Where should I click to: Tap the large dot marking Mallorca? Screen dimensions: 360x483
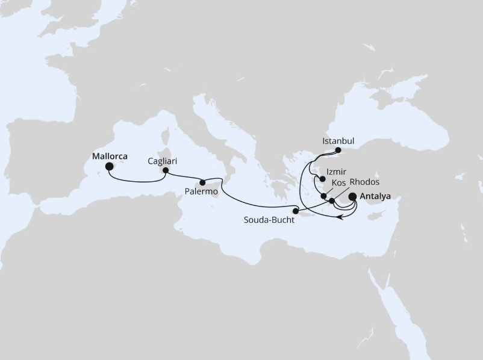110,167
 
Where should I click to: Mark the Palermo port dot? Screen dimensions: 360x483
203,182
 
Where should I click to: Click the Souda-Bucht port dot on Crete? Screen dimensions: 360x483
296,210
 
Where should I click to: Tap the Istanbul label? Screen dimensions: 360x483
338,141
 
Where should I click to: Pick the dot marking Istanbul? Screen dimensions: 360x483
338,150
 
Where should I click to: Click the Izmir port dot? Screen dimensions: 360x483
323,179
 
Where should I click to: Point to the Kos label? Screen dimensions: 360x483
339,182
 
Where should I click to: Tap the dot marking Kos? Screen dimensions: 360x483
324,196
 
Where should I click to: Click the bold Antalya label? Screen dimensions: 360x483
375,196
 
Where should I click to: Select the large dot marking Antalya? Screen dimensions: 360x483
353,196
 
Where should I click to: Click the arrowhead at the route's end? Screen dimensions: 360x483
340,218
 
